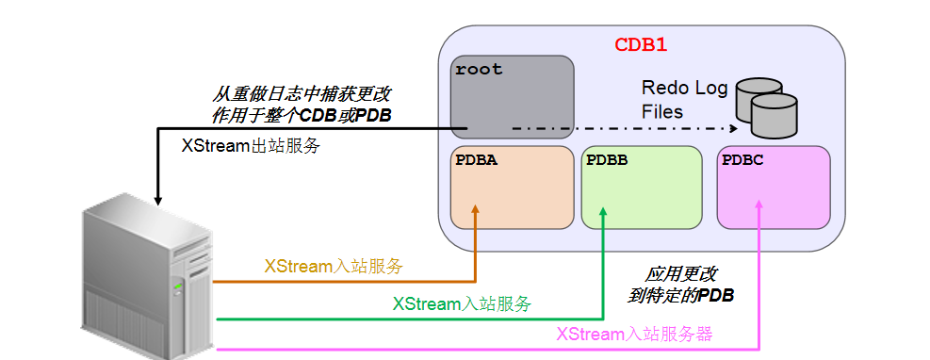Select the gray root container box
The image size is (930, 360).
pyautogui.click(x=513, y=97)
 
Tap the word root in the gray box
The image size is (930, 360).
pyautogui.click(x=479, y=70)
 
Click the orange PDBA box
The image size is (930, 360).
pyautogui.click(x=512, y=187)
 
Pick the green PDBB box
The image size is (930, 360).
pyautogui.click(x=642, y=187)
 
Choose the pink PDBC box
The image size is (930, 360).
pyautogui.click(x=773, y=187)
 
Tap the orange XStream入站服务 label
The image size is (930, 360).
pyautogui.click(x=333, y=267)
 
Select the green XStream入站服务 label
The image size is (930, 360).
pyautogui.click(x=462, y=303)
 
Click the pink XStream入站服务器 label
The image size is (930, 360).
pyautogui.click(x=634, y=335)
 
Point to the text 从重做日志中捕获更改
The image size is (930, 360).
pyautogui.click(x=302, y=95)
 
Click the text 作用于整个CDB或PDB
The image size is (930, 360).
pyautogui.click(x=302, y=114)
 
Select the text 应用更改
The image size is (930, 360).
pyautogui.click(x=680, y=275)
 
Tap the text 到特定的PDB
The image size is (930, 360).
pyautogui.click(x=680, y=295)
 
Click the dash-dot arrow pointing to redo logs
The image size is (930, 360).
pyautogui.click(x=622, y=127)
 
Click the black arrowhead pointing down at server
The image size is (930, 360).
pyautogui.click(x=158, y=199)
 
